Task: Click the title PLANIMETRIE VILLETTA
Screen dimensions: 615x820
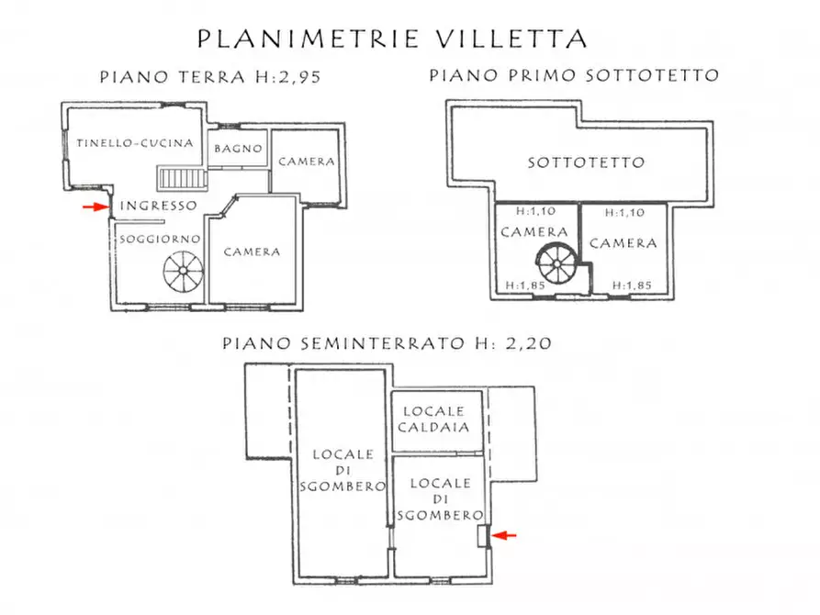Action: click(392, 39)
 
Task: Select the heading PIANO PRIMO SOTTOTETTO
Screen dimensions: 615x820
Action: click(574, 76)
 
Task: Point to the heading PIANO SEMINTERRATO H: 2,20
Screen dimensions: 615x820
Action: click(387, 344)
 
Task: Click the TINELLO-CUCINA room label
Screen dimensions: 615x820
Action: click(134, 143)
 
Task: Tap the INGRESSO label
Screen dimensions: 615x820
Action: click(158, 206)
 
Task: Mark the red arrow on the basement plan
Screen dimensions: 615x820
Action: click(505, 534)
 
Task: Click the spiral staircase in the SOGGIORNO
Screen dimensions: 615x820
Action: click(182, 273)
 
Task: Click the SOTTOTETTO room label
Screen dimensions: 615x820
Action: click(585, 162)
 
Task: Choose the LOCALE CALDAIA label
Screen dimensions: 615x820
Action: click(439, 419)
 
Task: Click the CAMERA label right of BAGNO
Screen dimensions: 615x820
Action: click(306, 162)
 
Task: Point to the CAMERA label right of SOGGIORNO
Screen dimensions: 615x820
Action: click(252, 252)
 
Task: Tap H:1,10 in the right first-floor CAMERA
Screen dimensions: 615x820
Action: click(624, 212)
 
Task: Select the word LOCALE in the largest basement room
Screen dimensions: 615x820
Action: click(343, 454)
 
